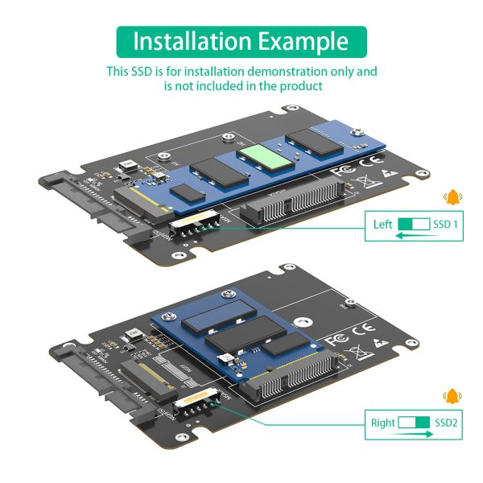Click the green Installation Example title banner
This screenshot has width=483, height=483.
242,41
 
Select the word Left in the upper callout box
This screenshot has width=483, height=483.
382,225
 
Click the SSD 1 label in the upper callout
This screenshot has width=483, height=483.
445,225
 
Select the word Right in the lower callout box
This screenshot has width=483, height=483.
383,422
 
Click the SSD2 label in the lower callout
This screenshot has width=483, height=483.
446,422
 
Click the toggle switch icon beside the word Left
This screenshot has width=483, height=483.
414,225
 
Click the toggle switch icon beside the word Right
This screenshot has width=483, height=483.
415,422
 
